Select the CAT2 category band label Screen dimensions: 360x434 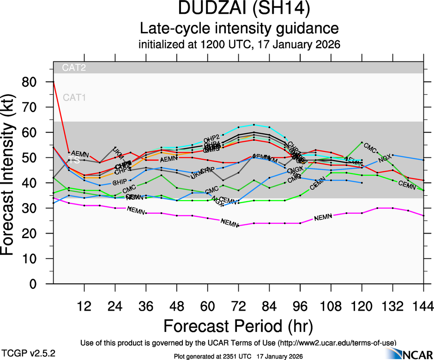point(74,67)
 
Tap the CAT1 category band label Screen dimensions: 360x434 point(74,97)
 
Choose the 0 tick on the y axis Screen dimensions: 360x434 point(37,284)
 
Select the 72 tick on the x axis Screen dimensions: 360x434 point(238,306)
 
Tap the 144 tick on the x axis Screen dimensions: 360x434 point(423,306)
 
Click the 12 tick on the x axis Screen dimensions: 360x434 point(84,306)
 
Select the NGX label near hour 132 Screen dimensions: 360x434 point(385,160)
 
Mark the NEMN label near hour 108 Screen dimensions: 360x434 point(323,217)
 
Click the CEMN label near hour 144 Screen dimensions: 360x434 point(407,185)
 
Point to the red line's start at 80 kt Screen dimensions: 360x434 point(54,82)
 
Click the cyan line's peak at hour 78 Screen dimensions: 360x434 point(253,125)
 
